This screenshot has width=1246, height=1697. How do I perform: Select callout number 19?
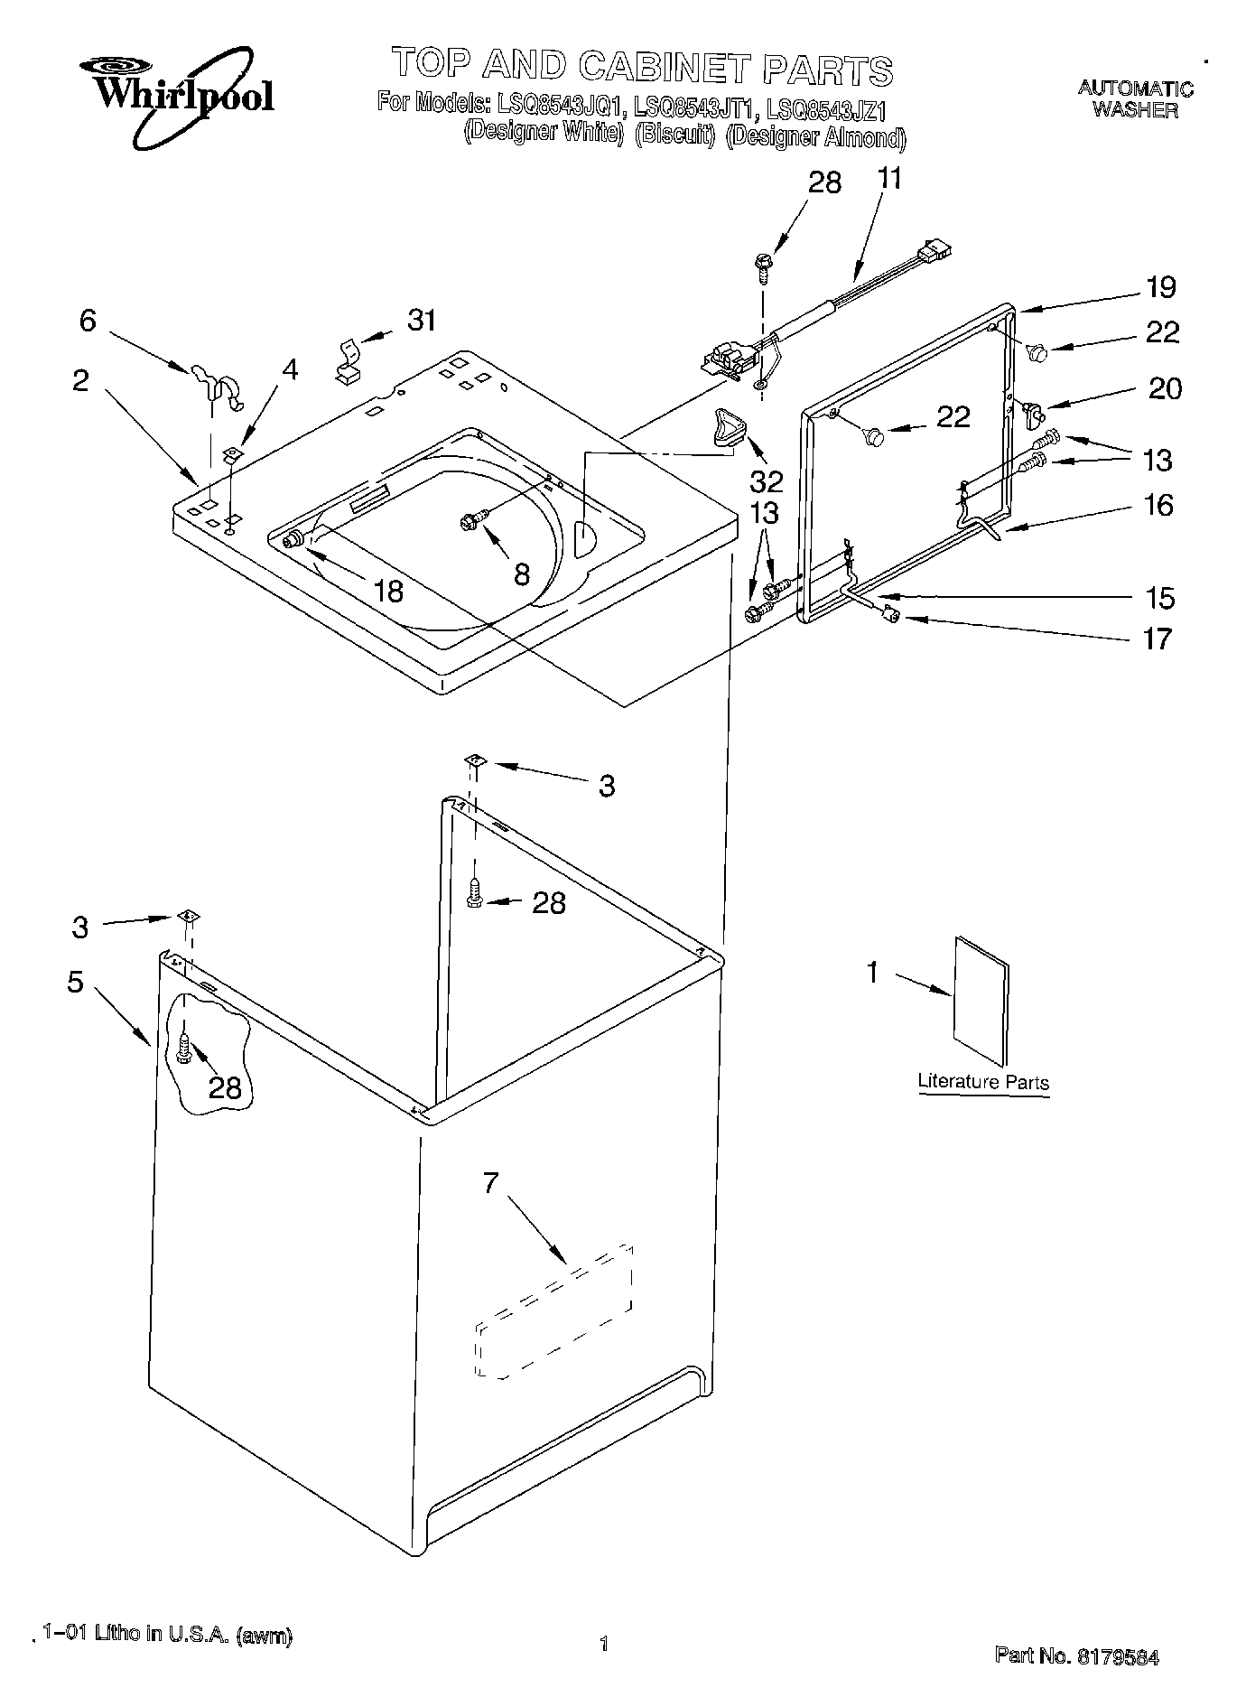(1161, 287)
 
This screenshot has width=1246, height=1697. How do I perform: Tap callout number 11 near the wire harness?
(889, 178)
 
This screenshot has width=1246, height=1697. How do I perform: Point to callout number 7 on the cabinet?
(490, 1182)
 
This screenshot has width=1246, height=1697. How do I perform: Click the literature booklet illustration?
(981, 1000)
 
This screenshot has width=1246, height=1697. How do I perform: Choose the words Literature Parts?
(983, 1082)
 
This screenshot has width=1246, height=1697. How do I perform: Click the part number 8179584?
(1116, 1656)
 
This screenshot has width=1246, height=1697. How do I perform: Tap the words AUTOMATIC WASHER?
(1135, 99)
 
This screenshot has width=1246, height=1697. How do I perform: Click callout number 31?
(422, 320)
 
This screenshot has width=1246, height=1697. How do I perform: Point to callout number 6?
(88, 320)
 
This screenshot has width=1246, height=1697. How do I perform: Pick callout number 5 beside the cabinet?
(75, 982)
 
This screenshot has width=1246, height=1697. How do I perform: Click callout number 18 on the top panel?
(388, 591)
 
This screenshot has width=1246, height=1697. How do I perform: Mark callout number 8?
(522, 573)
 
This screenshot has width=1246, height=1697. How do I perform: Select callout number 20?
(1165, 388)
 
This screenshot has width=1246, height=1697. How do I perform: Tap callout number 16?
(1158, 505)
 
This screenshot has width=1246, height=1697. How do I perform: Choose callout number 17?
(1157, 639)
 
